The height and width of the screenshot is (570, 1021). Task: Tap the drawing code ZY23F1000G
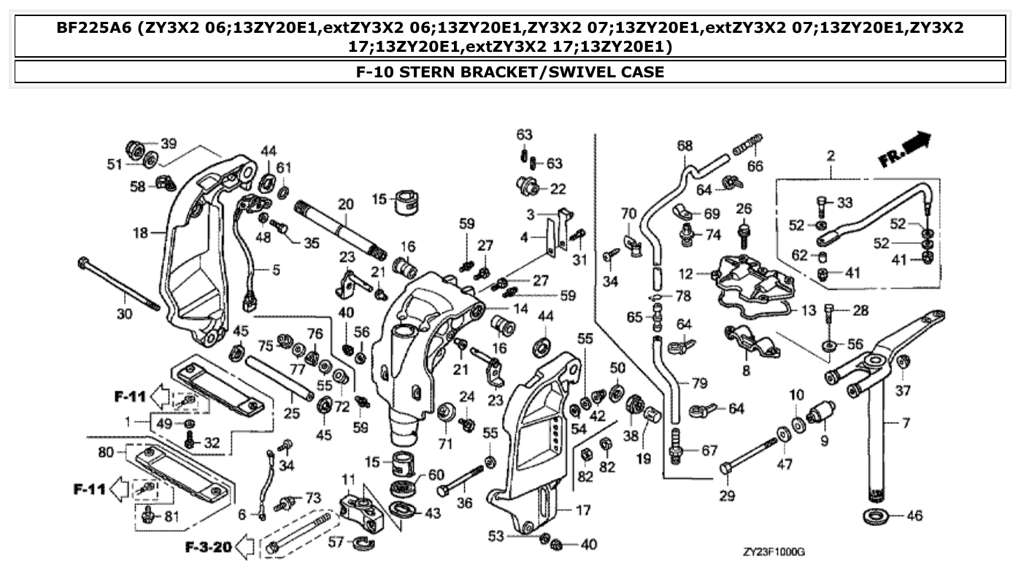coord(779,552)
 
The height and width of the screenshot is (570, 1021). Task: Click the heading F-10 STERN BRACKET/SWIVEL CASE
coord(510,72)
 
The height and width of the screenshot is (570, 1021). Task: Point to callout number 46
coord(914,516)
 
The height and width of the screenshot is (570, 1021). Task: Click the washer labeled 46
coord(876,516)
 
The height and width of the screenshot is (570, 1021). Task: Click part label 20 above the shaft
coord(344,203)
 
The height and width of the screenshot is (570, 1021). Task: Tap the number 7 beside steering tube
coord(906,423)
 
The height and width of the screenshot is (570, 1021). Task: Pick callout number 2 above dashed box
coord(831,155)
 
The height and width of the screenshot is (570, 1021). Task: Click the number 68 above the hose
coord(685,145)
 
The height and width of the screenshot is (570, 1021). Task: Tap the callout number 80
coord(106,452)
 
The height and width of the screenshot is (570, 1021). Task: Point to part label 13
coord(808,311)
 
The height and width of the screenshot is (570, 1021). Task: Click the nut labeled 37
coord(903,361)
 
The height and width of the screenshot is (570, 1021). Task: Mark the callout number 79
coord(699,382)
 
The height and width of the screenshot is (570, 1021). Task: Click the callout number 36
coord(464,503)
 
